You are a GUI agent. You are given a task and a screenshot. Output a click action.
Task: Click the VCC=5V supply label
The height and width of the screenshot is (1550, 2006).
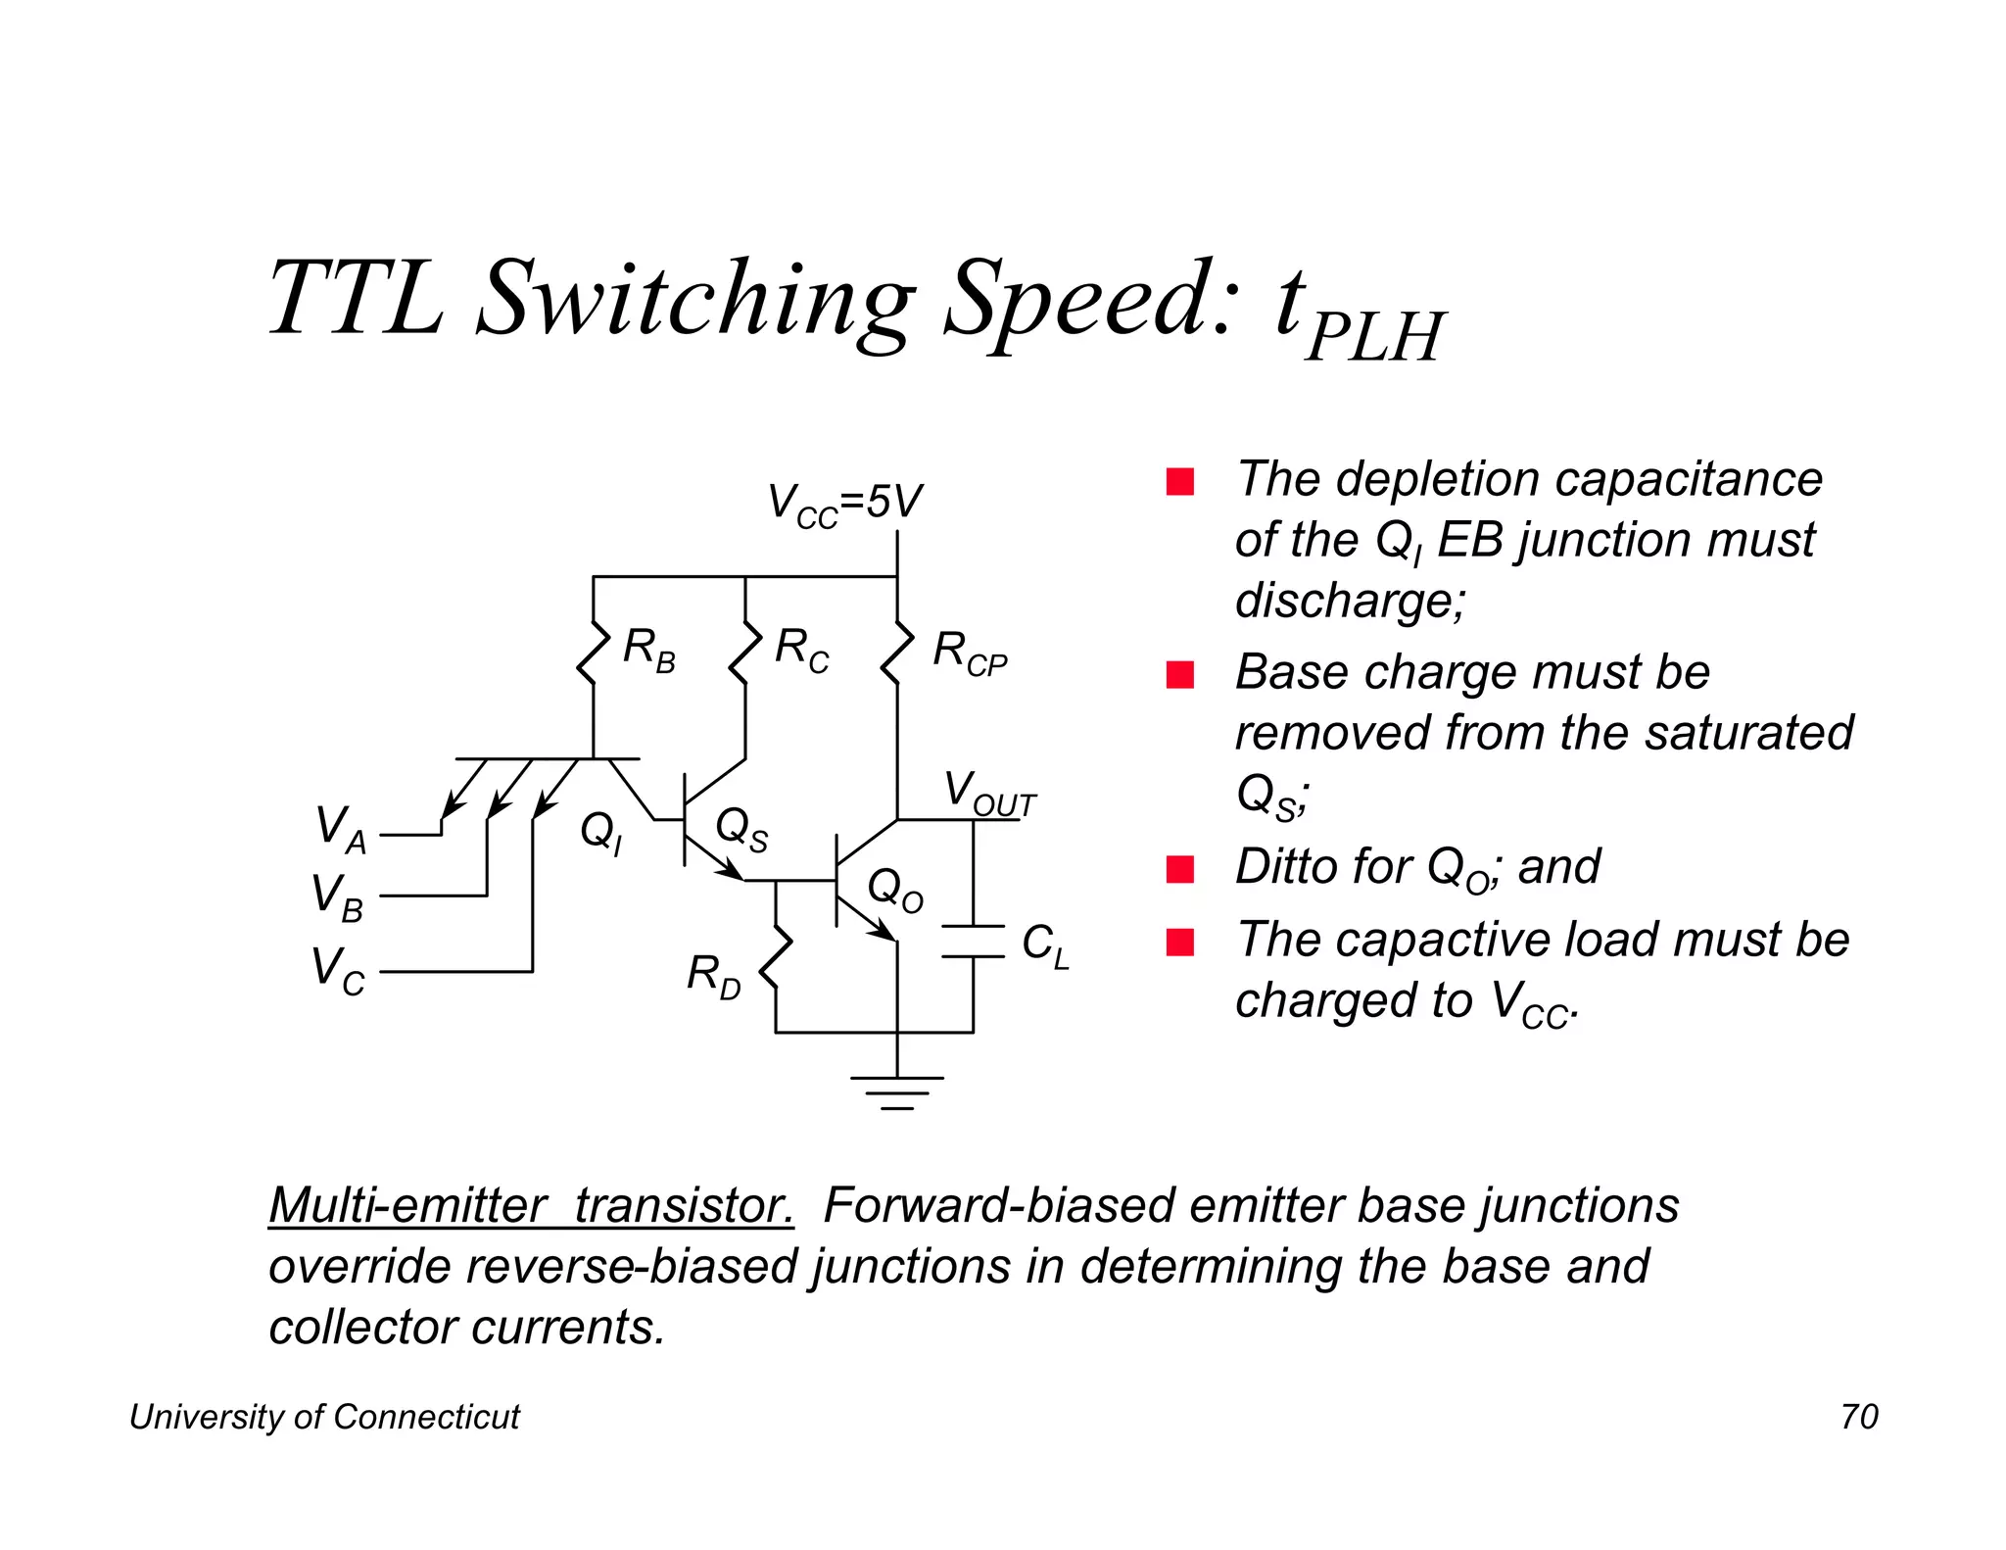click(x=844, y=504)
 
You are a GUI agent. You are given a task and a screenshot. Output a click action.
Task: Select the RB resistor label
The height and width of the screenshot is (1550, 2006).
click(x=648, y=650)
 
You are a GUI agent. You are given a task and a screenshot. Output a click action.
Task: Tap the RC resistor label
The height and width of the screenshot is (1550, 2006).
click(x=801, y=650)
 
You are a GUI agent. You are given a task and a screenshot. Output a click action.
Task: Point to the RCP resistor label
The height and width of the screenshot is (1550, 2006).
click(x=969, y=653)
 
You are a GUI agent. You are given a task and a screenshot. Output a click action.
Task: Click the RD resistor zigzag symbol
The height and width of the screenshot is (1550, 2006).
click(x=776, y=959)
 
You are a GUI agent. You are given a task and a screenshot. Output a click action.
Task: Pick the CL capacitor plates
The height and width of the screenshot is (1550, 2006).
click(x=973, y=941)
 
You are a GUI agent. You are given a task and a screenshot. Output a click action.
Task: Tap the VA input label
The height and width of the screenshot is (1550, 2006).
click(x=340, y=828)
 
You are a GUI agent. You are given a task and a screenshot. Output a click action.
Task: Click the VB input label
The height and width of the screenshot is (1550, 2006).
click(x=337, y=897)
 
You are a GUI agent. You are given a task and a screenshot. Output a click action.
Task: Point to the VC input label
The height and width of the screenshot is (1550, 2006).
click(x=337, y=970)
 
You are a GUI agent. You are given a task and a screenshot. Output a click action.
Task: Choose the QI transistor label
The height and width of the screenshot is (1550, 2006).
click(x=600, y=833)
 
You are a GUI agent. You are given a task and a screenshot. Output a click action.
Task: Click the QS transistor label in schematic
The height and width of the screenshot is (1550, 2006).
click(x=741, y=829)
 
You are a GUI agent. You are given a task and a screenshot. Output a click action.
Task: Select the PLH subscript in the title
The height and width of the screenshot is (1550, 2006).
click(x=1374, y=336)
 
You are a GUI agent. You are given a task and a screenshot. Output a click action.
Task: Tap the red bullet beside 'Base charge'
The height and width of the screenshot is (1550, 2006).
click(x=1180, y=675)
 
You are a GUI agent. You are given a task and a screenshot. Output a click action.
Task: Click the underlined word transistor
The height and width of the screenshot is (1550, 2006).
click(x=683, y=1205)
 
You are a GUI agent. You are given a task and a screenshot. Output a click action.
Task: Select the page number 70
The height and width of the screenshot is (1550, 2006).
click(x=1859, y=1417)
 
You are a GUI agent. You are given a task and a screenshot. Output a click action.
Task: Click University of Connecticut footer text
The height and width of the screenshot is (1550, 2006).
click(x=324, y=1417)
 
